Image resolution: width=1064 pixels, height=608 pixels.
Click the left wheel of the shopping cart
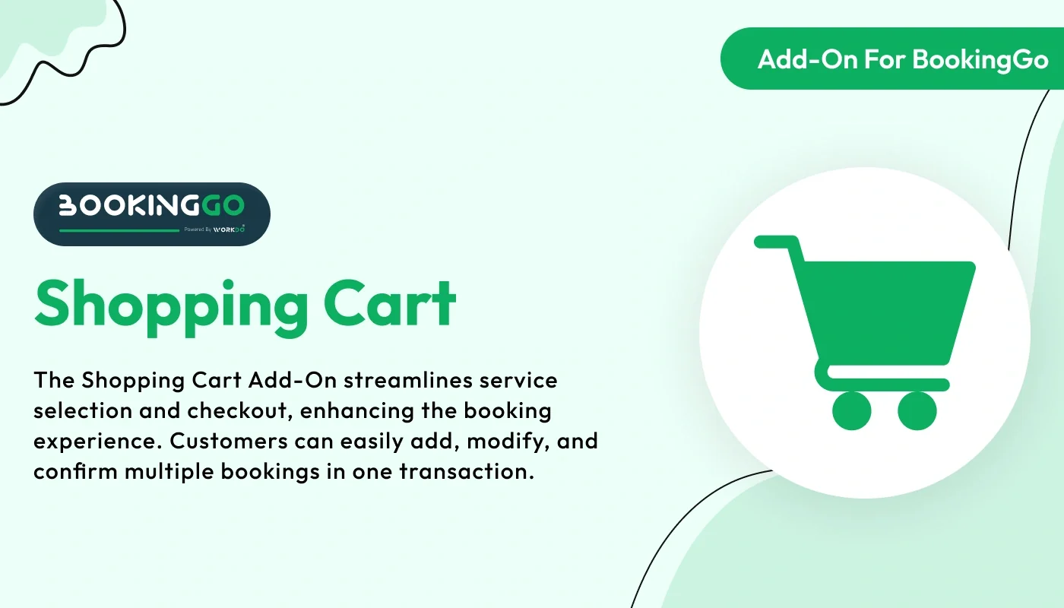pos(851,410)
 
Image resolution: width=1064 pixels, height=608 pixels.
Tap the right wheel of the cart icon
pos(917,410)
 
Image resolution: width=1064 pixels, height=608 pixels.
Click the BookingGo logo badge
pos(151,214)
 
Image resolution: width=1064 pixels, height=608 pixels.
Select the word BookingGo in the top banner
pos(980,59)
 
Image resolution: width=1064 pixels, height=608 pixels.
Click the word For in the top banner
pos(886,59)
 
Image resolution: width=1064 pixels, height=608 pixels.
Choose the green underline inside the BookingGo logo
pos(119,230)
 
